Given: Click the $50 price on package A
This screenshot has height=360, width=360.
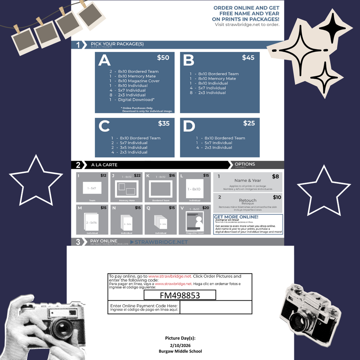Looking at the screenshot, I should click(x=163, y=58).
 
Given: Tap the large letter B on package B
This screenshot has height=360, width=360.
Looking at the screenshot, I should click(x=188, y=60).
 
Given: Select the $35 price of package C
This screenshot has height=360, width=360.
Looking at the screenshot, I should click(x=163, y=123).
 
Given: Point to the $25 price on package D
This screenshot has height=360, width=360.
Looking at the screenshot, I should click(x=249, y=123).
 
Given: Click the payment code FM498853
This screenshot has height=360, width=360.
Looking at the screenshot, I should click(x=180, y=295).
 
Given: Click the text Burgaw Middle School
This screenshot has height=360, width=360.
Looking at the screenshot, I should click(x=180, y=351).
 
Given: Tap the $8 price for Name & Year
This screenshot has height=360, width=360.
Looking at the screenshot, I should click(x=275, y=176).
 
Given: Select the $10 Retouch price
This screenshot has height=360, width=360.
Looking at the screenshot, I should click(x=277, y=198).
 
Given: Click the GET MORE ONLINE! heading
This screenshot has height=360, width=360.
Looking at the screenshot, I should click(x=236, y=217).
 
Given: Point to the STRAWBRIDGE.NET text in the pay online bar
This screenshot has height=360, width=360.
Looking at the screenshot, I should click(x=159, y=242).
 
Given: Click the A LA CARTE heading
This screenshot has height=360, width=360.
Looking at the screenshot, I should click(x=104, y=165).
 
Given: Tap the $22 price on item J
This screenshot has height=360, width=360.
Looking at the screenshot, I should click(x=137, y=175).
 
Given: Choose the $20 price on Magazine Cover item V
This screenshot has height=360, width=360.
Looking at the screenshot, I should click(x=206, y=208).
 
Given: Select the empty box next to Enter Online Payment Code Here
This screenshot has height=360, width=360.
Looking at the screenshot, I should click(x=216, y=307).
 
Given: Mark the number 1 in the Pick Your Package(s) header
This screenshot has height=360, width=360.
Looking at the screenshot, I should click(x=78, y=45).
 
